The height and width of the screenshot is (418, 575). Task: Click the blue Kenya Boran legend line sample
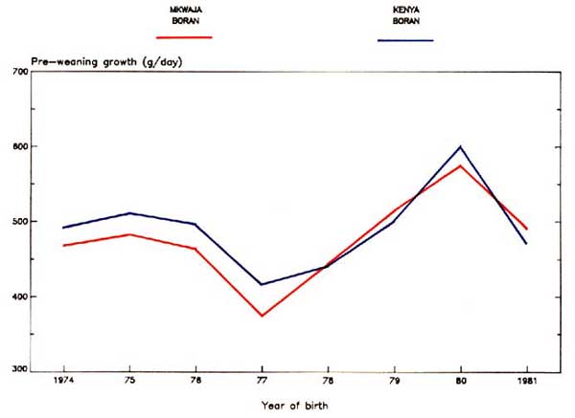[x=405, y=41]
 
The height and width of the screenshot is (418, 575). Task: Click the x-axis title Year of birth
[x=295, y=404]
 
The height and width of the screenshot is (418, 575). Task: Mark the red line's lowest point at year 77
[x=262, y=316]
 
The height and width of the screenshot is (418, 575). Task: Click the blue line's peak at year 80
[x=460, y=146]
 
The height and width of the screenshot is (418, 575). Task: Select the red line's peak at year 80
[x=460, y=165]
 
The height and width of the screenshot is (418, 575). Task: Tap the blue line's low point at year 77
[x=262, y=284]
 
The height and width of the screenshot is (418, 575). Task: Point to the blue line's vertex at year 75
[x=130, y=213]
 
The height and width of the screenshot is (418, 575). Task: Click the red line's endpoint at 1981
[x=526, y=228]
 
